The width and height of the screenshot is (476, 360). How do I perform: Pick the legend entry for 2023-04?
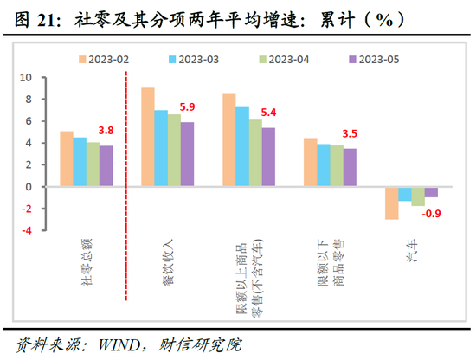pyautogui.click(x=282, y=60)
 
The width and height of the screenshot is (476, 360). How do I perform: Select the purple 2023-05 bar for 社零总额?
pyautogui.click(x=106, y=165)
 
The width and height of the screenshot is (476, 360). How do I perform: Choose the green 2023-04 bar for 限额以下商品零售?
pyautogui.click(x=337, y=165)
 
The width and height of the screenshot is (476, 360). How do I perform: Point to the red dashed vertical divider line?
pyautogui.click(x=127, y=173)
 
